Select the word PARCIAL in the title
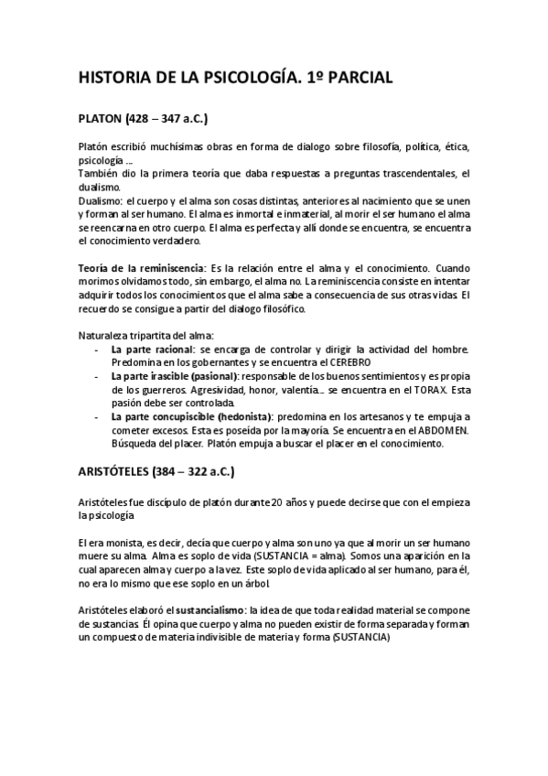[358, 80]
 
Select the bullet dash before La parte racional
[97, 350]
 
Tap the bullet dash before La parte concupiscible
[97, 415]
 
